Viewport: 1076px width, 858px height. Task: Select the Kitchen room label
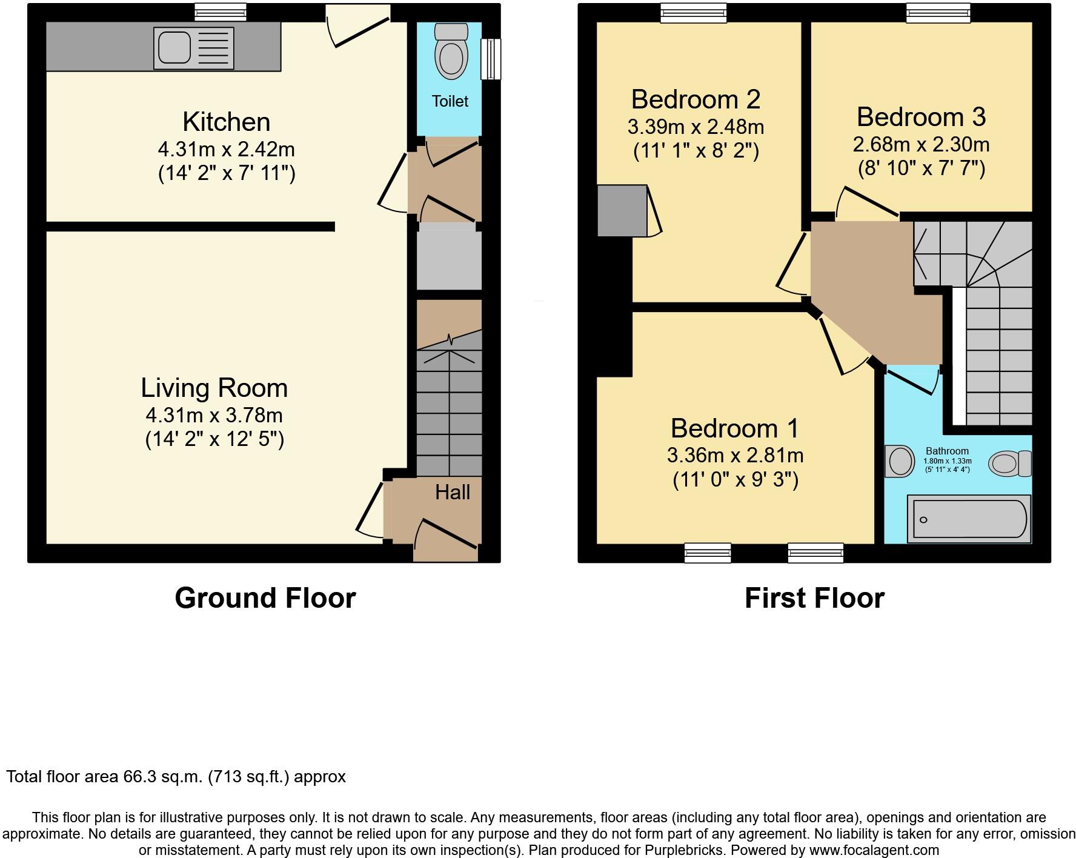pyautogui.click(x=226, y=122)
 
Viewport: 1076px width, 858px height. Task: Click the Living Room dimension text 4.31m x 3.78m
pyautogui.click(x=214, y=415)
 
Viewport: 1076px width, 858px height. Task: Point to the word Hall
pyautogui.click(x=452, y=493)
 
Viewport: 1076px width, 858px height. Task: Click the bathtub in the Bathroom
pyautogui.click(x=968, y=519)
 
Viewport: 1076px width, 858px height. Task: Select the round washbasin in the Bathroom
pyautogui.click(x=900, y=462)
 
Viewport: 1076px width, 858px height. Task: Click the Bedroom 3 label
pyautogui.click(x=921, y=117)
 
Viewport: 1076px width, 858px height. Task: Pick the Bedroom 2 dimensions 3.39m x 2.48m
pyautogui.click(x=696, y=127)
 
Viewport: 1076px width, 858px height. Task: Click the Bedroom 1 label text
pyautogui.click(x=735, y=428)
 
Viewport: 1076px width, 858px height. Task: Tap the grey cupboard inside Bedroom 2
pyautogui.click(x=622, y=210)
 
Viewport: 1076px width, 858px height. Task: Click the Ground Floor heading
pyautogui.click(x=265, y=598)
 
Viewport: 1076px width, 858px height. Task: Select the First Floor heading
pyautogui.click(x=814, y=598)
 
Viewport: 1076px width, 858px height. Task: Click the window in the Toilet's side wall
pyautogui.click(x=491, y=59)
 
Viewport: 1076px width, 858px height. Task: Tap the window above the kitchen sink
pyautogui.click(x=221, y=12)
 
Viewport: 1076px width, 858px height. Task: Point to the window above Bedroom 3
pyautogui.click(x=938, y=12)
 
